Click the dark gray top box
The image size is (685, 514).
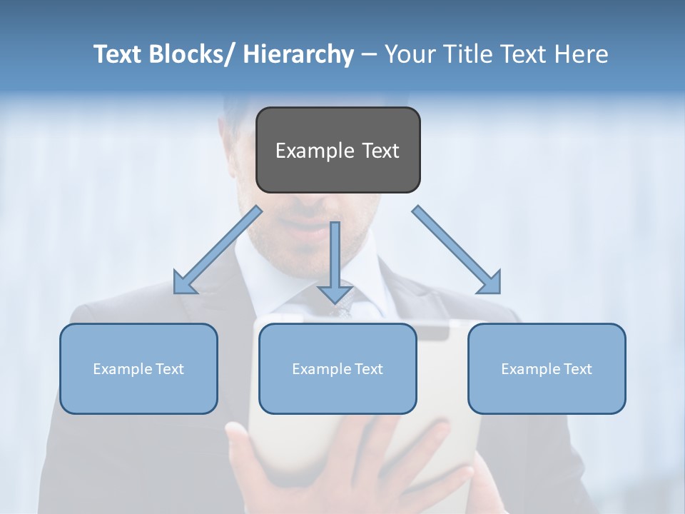coord(338,150)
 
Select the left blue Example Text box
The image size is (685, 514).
coord(138,368)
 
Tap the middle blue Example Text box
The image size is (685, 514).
coord(338,368)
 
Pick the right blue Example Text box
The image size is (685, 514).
coord(547,368)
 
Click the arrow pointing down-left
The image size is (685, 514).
coord(218,250)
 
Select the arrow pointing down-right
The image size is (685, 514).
coord(457,250)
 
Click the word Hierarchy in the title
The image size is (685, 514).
coord(298,54)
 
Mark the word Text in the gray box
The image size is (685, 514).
coord(380,151)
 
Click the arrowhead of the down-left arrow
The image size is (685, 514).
coord(184,283)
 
